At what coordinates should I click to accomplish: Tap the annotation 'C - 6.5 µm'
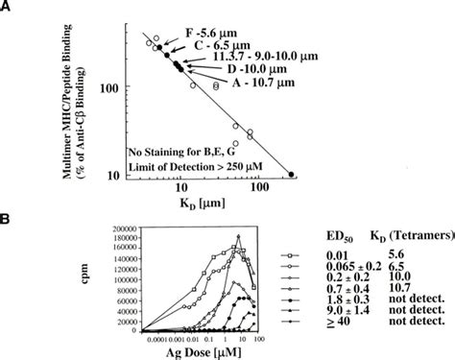click(227, 44)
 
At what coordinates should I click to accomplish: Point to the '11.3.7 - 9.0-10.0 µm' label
click(257, 59)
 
